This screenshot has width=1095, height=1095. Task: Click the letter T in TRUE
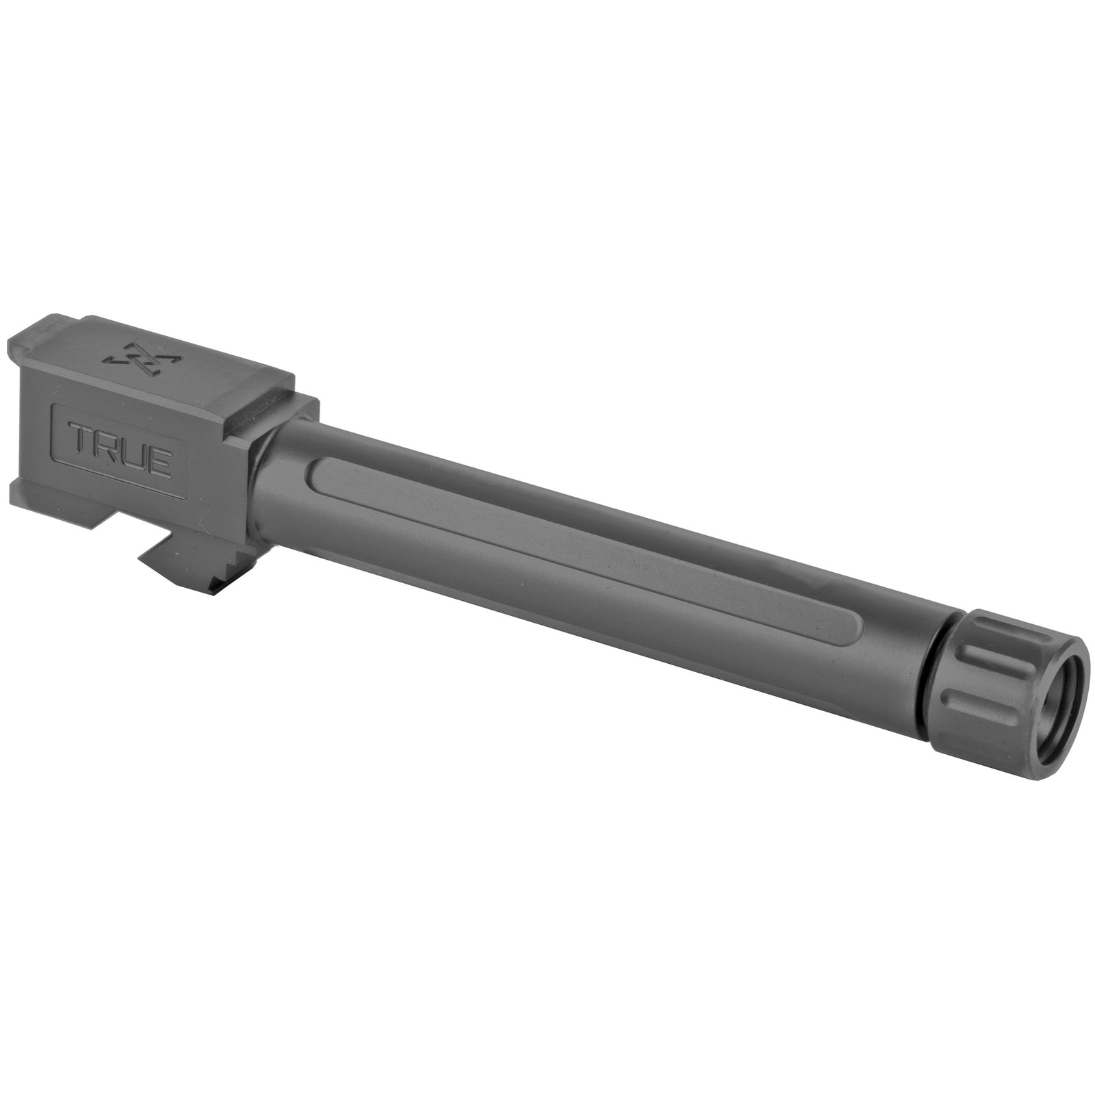83,442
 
